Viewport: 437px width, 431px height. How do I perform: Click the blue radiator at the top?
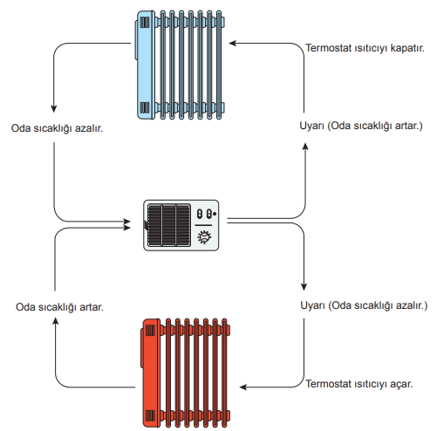pyautogui.click(x=181, y=65)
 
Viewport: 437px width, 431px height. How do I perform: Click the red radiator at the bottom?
pyautogui.click(x=186, y=373)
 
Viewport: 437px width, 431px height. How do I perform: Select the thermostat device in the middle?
pyautogui.click(x=181, y=225)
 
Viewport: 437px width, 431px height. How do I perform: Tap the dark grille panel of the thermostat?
pyautogui.click(x=169, y=225)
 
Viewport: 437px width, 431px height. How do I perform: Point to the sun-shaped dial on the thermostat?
pyautogui.click(x=204, y=236)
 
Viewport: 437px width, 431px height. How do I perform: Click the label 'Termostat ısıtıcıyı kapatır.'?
pyautogui.click(x=365, y=48)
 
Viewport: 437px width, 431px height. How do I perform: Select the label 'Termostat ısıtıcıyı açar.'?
pyautogui.click(x=359, y=384)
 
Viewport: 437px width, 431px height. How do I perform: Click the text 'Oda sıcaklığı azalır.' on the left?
pyautogui.click(x=57, y=128)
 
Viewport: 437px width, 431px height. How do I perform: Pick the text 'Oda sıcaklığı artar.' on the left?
pyautogui.click(x=59, y=307)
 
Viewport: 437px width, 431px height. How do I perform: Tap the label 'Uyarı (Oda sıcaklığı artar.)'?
pyautogui.click(x=361, y=126)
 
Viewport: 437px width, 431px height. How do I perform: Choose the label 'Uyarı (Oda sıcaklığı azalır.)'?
pyautogui.click(x=364, y=305)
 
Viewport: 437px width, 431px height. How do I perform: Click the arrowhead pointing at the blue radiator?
pyautogui.click(x=233, y=44)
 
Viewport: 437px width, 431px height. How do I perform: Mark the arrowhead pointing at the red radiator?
pyautogui.click(x=243, y=387)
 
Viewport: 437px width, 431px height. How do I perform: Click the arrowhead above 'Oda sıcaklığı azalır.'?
pyautogui.click(x=53, y=108)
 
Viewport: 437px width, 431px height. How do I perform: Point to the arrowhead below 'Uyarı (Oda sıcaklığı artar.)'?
pyautogui.click(x=305, y=147)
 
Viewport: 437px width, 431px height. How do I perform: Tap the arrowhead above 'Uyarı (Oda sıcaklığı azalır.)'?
pyautogui.click(x=304, y=286)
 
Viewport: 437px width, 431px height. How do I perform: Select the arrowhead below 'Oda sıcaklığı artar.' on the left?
pyautogui.click(x=55, y=321)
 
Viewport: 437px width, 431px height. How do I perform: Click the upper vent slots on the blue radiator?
pyautogui.click(x=145, y=23)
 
